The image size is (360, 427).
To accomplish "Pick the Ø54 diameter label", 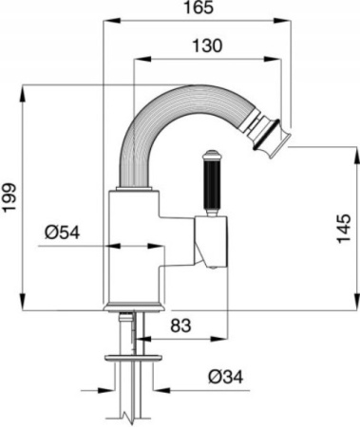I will pyautogui.click(x=64, y=232).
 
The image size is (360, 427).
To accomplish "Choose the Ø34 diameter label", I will pyautogui.click(x=225, y=376).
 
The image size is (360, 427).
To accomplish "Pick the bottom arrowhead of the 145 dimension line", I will pyautogui.click(x=329, y=304).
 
